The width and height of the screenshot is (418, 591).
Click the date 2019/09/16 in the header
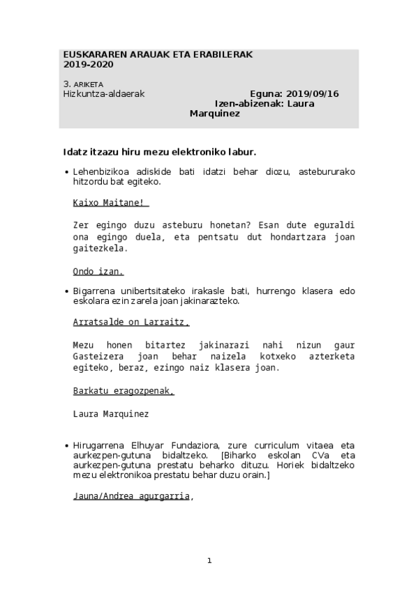click(312, 94)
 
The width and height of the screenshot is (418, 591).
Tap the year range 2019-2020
click(88, 64)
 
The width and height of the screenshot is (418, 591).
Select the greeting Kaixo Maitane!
click(110, 203)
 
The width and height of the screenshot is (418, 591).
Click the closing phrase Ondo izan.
click(98, 271)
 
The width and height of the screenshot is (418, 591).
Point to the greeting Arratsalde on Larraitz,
click(130, 322)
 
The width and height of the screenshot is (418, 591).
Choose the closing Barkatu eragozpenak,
click(123, 391)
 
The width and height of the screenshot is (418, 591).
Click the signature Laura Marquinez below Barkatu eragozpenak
click(110, 413)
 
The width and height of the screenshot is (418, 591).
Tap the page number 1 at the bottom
click(209, 560)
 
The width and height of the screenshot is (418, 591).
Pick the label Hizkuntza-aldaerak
click(103, 94)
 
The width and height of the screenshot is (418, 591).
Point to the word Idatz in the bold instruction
click(75, 151)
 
